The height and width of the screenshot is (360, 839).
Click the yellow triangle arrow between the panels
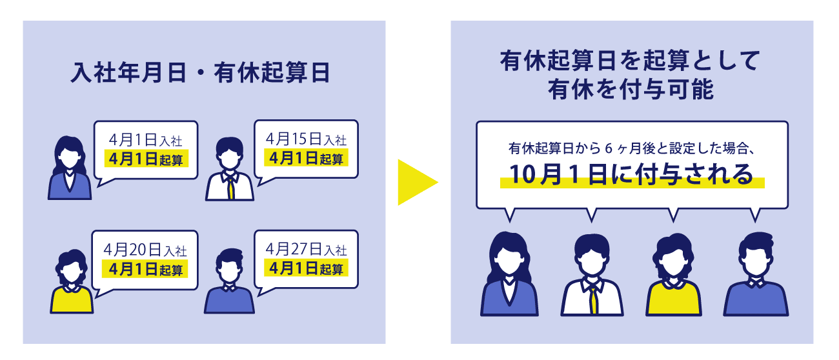(414, 183)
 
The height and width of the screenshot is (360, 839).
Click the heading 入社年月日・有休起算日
(201, 73)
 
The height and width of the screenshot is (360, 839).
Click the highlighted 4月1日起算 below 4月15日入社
(306, 157)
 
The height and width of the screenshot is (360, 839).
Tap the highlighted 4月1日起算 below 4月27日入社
(306, 267)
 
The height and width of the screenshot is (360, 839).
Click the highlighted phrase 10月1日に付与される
(631, 175)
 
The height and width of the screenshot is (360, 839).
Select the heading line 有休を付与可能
(631, 90)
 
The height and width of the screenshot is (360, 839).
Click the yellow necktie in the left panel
(230, 187)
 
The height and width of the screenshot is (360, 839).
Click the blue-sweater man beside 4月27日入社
(229, 284)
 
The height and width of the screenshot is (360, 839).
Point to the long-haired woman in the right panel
(509, 277)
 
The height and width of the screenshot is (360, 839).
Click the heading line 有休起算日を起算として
(631, 63)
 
